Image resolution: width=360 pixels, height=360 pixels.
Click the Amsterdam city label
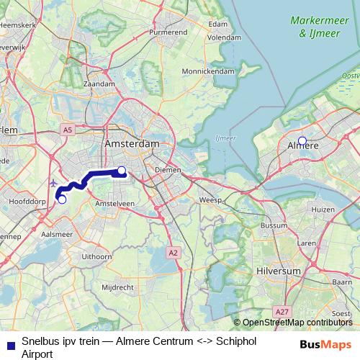click(132, 144)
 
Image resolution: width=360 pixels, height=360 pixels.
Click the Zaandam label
click(100, 84)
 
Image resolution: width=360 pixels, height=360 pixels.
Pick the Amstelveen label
click(115, 204)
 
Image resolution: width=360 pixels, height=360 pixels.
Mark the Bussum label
click(273, 225)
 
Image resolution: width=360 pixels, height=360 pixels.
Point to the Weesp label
click(210, 199)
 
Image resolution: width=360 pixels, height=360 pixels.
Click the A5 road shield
click(67, 129)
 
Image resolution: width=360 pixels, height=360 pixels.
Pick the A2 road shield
click(173, 253)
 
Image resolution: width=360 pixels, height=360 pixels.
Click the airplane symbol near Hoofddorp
click(55, 183)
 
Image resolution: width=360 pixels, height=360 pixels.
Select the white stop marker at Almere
click(302, 141)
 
